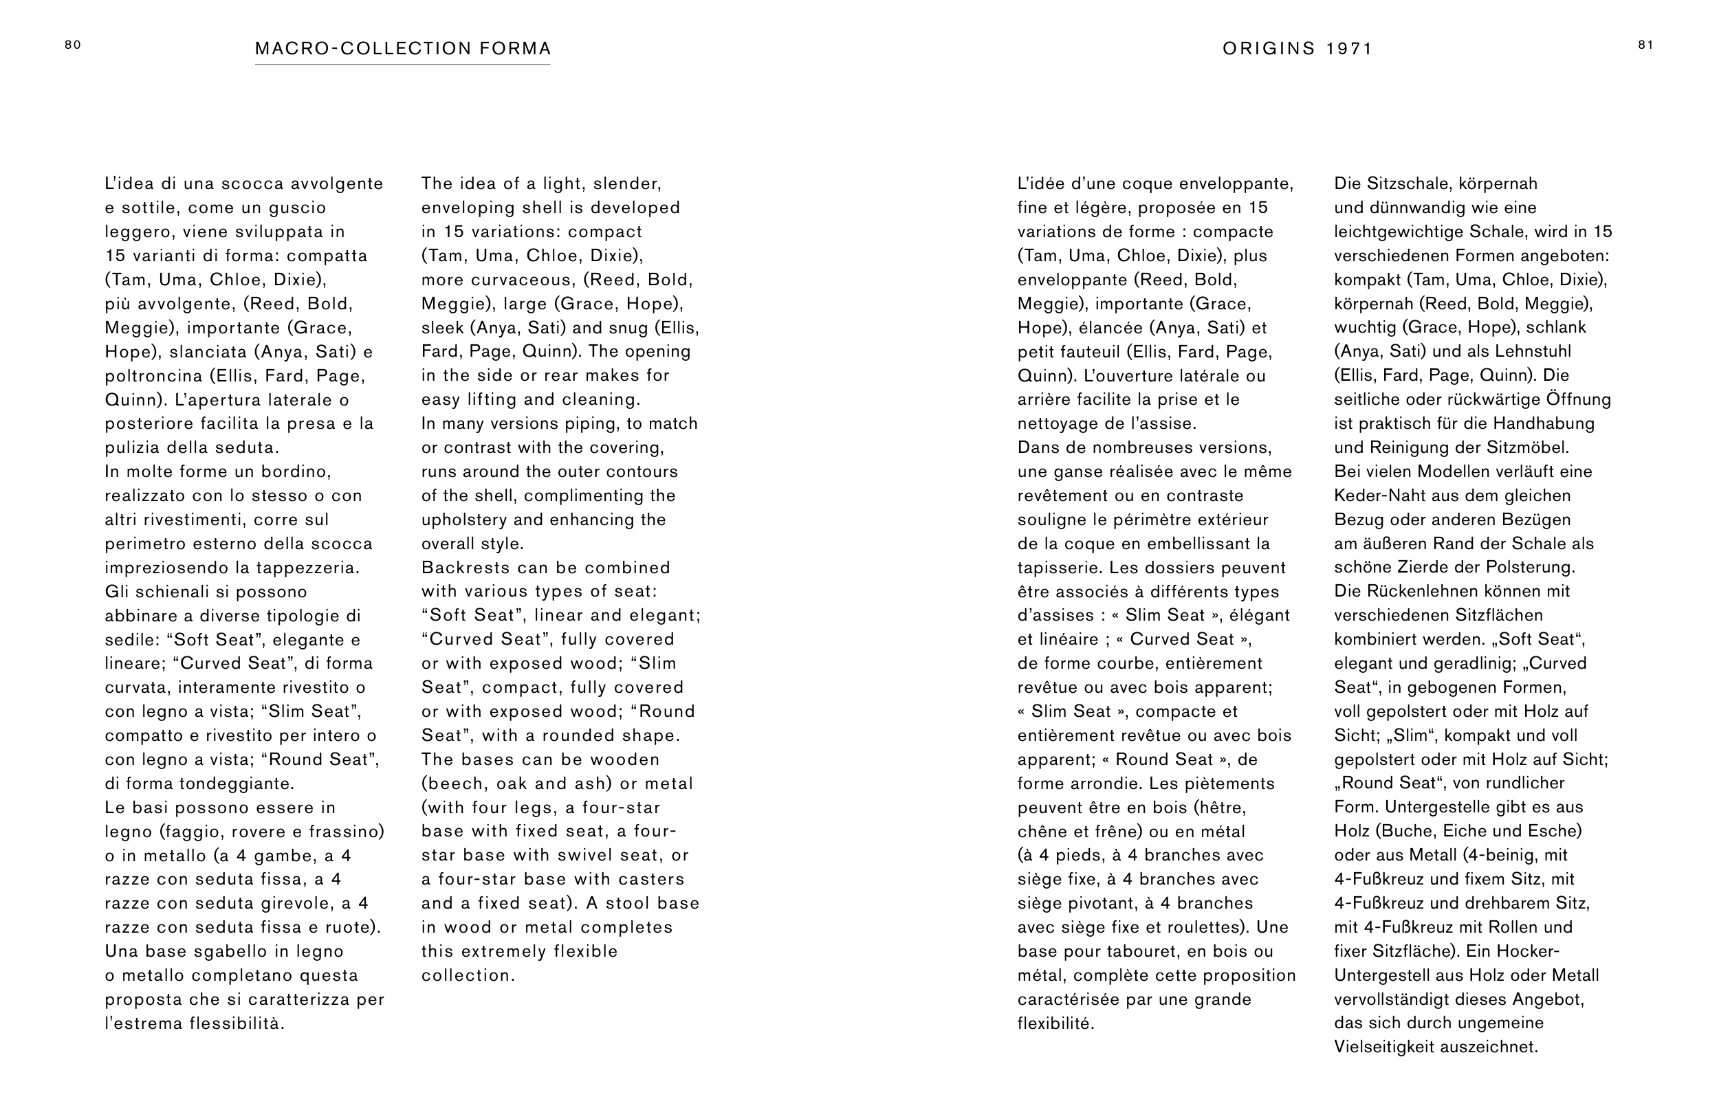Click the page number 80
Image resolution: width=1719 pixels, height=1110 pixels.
[x=73, y=45]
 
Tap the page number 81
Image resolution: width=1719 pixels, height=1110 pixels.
[x=1645, y=45]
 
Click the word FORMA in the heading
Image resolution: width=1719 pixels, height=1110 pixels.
[x=515, y=49]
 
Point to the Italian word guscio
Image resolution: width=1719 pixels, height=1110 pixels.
[x=298, y=208]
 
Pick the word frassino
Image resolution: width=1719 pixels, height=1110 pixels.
[x=346, y=832]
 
